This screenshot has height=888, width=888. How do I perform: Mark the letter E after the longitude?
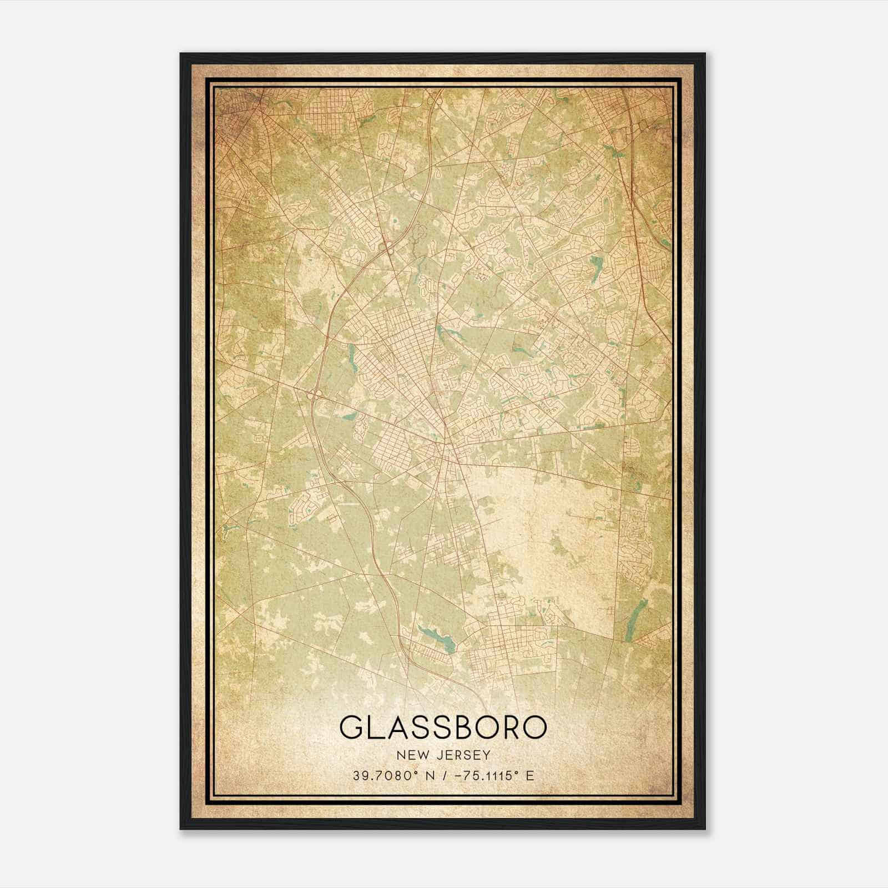529,775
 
